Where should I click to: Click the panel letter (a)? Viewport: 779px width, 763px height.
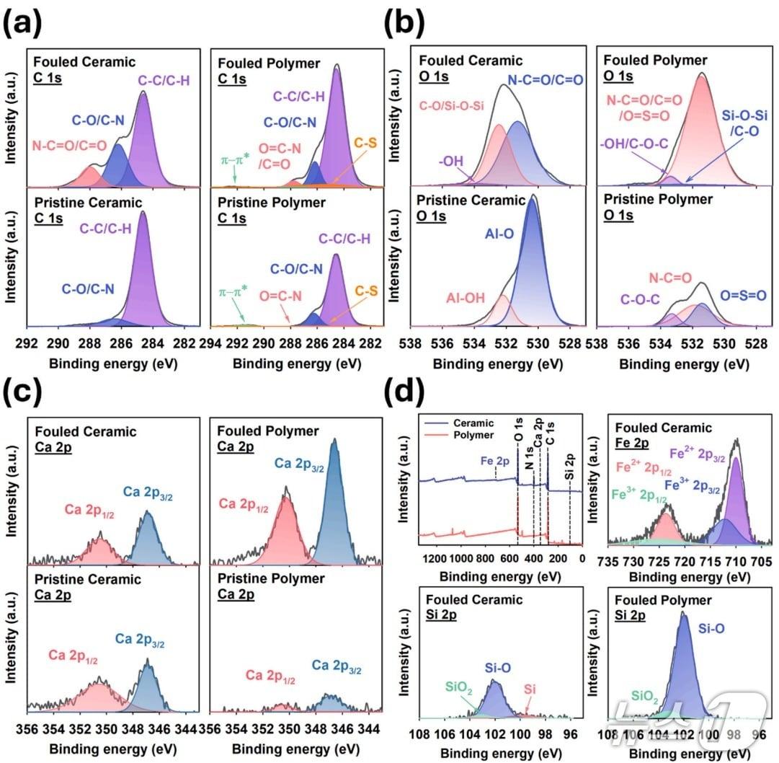[x=23, y=23]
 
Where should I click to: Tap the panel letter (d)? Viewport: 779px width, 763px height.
[x=404, y=392]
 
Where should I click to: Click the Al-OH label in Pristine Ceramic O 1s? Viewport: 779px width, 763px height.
[x=465, y=298]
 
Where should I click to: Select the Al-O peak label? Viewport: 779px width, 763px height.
[x=499, y=234]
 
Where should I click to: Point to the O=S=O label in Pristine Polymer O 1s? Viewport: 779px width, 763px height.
[x=743, y=295]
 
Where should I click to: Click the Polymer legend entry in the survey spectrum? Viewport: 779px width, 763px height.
[x=473, y=435]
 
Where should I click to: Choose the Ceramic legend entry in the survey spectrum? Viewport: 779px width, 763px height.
[x=473, y=423]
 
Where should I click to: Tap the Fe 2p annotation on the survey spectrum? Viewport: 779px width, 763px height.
[x=495, y=461]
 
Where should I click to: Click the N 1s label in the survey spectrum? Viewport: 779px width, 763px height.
[x=530, y=457]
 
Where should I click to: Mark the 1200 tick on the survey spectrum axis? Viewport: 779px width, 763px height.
[x=435, y=559]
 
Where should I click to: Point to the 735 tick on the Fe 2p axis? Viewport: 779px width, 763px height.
[x=607, y=562]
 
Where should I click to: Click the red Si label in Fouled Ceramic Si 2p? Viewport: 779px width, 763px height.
[x=530, y=689]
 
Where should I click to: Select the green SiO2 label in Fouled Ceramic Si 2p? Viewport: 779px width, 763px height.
[x=458, y=687]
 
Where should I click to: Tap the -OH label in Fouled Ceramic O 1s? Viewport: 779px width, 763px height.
[x=450, y=161]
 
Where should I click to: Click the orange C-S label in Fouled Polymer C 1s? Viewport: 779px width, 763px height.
[x=365, y=144]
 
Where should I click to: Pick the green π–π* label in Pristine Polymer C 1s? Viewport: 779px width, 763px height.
[x=233, y=292]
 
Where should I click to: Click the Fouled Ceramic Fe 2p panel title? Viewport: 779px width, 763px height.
[x=663, y=435]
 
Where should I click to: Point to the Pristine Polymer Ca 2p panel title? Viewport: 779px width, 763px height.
[x=271, y=586]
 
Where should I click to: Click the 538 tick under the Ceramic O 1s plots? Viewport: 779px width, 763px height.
[x=410, y=343]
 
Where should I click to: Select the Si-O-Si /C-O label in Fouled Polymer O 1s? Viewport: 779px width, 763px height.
[x=744, y=123]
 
